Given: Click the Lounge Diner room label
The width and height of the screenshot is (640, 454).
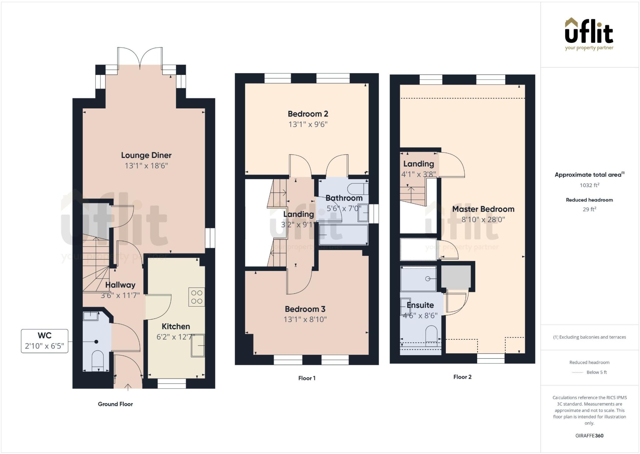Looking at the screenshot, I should click(x=146, y=155).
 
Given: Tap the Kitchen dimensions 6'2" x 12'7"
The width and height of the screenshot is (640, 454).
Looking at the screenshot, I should click(x=175, y=337).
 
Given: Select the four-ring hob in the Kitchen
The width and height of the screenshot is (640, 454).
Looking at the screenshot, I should click(x=197, y=297).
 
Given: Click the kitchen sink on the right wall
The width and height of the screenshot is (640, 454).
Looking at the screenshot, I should click(x=198, y=346).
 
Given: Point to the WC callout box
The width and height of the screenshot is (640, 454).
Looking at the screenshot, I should click(x=44, y=341).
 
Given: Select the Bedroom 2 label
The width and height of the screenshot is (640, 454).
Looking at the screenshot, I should click(x=308, y=114).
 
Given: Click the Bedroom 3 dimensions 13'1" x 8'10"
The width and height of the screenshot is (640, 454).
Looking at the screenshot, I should click(x=305, y=319).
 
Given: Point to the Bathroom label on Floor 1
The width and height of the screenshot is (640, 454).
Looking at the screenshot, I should click(x=344, y=198).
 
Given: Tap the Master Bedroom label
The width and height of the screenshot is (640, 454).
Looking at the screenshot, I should click(x=483, y=209).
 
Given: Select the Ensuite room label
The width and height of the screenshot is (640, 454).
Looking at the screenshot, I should click(x=420, y=305).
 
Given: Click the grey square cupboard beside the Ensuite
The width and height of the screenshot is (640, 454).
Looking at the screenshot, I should click(x=456, y=277).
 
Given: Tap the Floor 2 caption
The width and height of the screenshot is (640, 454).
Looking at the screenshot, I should click(x=462, y=377).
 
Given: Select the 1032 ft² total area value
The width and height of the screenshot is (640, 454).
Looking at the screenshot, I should click(x=589, y=185).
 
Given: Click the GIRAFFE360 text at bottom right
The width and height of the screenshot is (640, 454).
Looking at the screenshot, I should click(x=589, y=436).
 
